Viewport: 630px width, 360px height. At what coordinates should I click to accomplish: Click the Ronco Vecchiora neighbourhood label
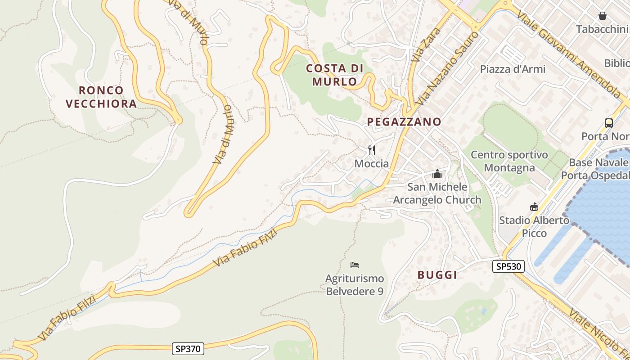coord(101,97)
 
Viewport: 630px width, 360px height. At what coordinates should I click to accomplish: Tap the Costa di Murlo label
coord(334,75)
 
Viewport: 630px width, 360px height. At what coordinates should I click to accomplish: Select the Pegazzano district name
coord(404,121)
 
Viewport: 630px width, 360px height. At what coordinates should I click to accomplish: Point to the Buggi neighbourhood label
coord(437,275)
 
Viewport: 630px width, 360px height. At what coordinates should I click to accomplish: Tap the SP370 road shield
coord(188,348)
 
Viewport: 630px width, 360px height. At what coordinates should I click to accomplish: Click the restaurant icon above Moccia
coord(372,150)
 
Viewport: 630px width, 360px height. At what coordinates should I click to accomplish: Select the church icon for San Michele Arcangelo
coord(437,173)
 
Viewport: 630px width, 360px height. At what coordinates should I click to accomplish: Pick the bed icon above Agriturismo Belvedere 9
coord(355,265)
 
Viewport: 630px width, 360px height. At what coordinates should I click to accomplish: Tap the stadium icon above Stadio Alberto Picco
coord(534,207)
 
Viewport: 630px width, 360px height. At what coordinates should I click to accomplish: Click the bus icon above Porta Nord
coord(608,123)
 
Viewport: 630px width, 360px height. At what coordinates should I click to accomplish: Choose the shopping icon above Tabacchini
coord(602,16)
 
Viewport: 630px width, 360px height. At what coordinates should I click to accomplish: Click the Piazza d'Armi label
coord(513,69)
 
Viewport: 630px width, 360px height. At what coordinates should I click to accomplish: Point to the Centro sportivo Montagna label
coord(509,161)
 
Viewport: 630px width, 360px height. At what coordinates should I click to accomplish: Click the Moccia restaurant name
coord(372,163)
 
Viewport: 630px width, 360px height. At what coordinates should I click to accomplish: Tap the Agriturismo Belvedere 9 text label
coord(355,285)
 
